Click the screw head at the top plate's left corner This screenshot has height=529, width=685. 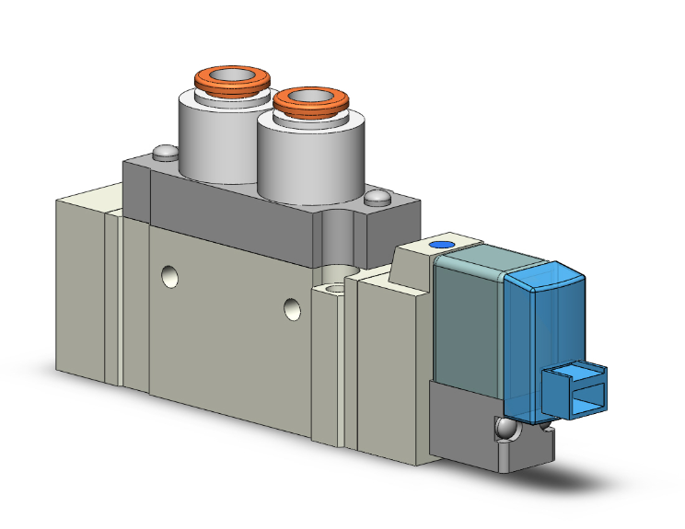click(165, 152)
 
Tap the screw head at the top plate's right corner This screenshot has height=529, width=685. click(377, 197)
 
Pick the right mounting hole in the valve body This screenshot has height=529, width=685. click(293, 308)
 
